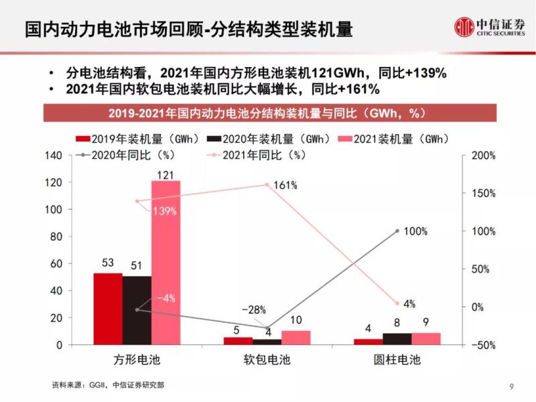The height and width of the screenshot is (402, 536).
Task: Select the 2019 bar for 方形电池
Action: [108, 309]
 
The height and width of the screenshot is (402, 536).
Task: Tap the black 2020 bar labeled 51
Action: [137, 310]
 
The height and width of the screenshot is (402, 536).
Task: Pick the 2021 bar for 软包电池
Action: [295, 338]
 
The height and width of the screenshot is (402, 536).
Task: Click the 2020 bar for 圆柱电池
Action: [397, 339]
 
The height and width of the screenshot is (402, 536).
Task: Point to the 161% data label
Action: [285, 185]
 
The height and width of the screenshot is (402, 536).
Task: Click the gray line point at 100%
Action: [397, 231]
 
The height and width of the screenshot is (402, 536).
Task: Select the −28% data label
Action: [253, 310]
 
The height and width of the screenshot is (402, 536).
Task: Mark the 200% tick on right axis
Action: [483, 155]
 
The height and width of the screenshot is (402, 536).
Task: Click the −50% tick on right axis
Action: [483, 345]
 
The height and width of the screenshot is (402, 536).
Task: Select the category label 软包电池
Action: [267, 360]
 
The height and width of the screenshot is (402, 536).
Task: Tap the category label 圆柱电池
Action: [397, 360]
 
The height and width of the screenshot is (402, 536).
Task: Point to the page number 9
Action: [511, 386]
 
